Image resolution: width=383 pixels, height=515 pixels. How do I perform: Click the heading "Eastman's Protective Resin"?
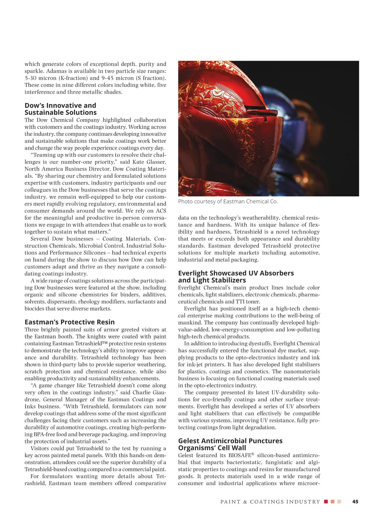pos(69,322)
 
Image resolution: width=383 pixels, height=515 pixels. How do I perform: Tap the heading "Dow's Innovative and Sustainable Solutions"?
pos(60,109)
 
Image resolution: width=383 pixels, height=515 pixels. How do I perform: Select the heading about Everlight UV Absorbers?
pos(236,276)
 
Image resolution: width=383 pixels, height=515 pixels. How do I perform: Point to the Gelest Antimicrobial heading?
pos(230,444)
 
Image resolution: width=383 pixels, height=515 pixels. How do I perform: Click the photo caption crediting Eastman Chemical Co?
pos(228,201)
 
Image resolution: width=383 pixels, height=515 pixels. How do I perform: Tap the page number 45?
pos(355,502)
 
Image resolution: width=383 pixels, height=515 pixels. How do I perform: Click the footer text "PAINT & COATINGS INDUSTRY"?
pos(270,502)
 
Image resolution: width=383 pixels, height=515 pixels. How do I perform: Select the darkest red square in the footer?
pos(326,502)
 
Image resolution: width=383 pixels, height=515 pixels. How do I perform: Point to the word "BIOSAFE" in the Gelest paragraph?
pos(240,456)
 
